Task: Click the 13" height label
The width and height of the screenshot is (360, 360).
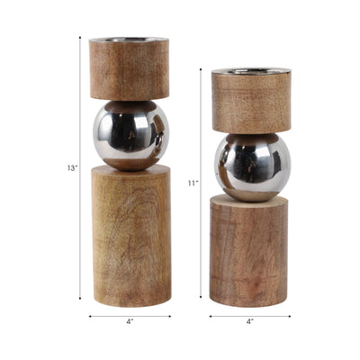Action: coord(70,168)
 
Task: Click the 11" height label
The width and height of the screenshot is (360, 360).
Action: coord(193,183)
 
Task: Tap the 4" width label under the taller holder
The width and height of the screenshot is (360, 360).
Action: coord(130,320)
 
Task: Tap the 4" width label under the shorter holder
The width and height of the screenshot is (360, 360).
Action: coord(250,320)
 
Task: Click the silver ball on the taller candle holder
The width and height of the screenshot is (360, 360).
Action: coord(130,135)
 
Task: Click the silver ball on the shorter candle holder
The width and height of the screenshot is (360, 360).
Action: coord(252,166)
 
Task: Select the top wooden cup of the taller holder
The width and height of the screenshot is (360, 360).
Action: coord(130,69)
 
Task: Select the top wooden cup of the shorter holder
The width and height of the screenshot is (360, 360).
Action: coord(251,102)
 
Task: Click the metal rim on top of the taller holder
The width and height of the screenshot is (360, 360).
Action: coord(130,40)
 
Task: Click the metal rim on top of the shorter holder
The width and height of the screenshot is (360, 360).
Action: coord(251,70)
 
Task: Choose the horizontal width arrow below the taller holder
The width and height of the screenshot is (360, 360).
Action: coord(130,316)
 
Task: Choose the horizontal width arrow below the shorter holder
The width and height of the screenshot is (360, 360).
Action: coord(250,316)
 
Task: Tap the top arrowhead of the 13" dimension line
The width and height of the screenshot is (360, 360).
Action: coord(80,40)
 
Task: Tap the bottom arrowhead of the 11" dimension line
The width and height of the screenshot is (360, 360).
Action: coord(202,296)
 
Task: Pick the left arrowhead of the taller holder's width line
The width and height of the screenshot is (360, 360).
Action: coord(91,316)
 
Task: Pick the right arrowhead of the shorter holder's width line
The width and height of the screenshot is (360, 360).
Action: coord(289,316)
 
